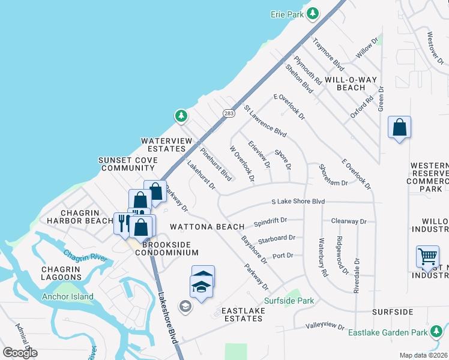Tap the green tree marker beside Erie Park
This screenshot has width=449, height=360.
pos(313,13)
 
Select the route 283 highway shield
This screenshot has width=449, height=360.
pos(228,113)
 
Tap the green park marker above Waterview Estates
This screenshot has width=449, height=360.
pos(180,115)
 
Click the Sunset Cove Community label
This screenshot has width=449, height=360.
pos(129,164)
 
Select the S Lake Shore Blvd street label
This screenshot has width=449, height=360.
pos(298,202)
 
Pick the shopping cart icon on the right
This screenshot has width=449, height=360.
pos(427,256)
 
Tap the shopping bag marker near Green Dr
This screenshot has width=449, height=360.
pos(399,128)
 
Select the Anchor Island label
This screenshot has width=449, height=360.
pos(68,296)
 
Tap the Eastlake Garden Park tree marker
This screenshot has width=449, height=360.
pos(436,331)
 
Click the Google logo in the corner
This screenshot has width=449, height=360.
pos(20,353)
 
